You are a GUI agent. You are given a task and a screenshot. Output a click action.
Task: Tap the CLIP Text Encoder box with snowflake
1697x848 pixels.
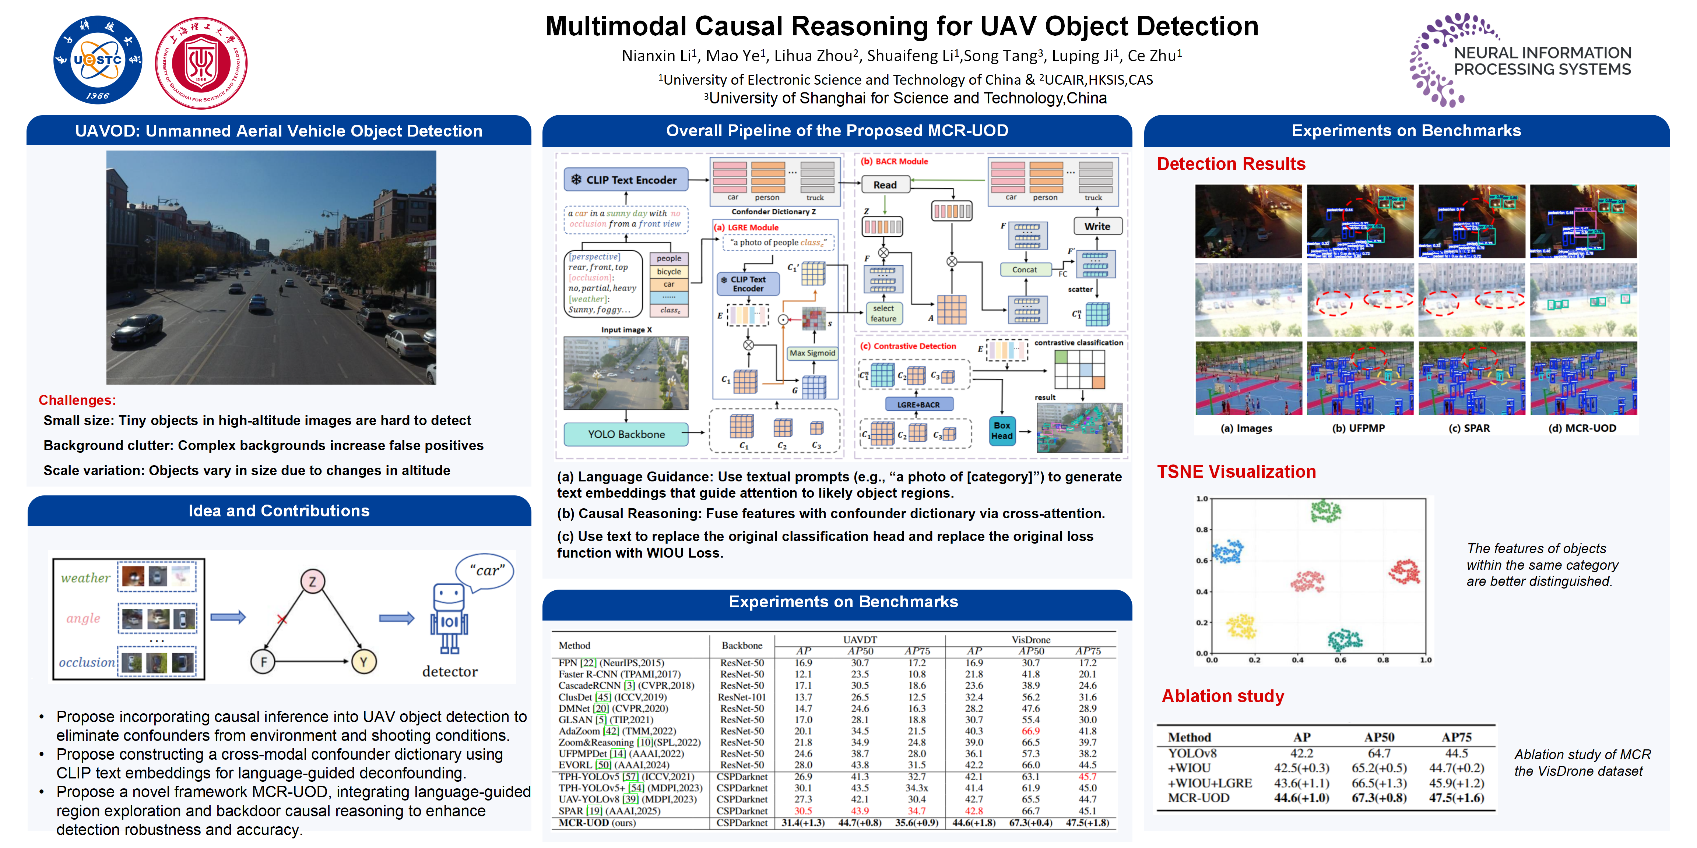pyautogui.click(x=625, y=180)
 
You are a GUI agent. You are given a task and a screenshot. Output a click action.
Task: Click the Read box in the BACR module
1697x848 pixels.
pyautogui.click(x=885, y=185)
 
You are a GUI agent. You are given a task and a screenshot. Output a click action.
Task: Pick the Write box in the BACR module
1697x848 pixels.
pyautogui.click(x=1097, y=226)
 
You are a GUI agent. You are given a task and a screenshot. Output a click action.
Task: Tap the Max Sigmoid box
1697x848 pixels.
pyautogui.click(x=812, y=353)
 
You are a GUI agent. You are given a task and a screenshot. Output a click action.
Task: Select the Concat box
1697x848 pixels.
pyautogui.click(x=1025, y=269)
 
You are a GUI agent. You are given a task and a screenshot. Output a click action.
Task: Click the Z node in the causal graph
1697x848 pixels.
pyautogui.click(x=312, y=582)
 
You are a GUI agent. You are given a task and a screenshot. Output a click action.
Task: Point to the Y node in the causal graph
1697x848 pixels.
pyautogui.click(x=363, y=661)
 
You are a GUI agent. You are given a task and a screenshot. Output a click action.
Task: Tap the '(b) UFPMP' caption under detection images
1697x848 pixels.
pyautogui.click(x=1359, y=428)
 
